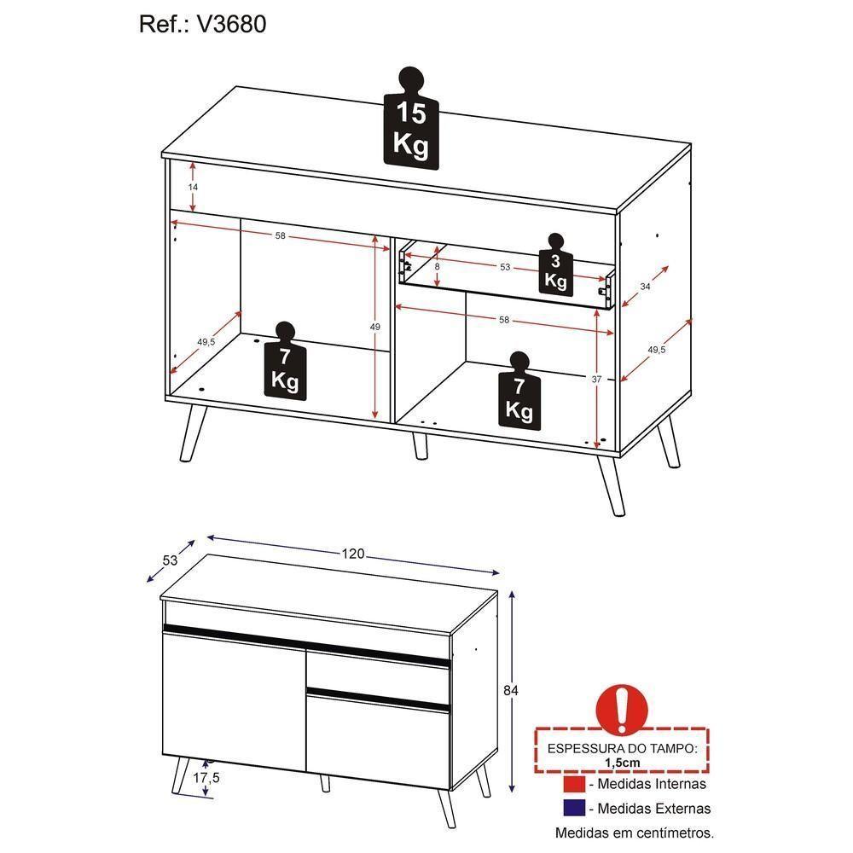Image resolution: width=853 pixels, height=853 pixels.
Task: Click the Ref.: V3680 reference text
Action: tap(203, 25)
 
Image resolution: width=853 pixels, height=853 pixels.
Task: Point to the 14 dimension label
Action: tap(193, 186)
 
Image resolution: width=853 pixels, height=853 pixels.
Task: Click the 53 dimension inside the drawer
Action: tap(505, 267)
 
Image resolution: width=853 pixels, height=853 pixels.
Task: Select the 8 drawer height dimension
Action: tap(437, 267)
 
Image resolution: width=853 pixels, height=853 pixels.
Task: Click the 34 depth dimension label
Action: tap(645, 287)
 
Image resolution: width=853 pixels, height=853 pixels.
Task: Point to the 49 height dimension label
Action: tap(374, 326)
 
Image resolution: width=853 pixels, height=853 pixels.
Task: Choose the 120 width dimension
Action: tap(354, 554)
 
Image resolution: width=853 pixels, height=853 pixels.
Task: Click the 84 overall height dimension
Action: tap(512, 689)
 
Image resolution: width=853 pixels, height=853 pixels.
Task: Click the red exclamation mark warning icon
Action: tap(627, 706)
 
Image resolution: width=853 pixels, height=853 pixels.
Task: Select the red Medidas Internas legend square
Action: tap(574, 784)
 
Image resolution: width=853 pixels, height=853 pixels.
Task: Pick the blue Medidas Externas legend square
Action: tap(574, 808)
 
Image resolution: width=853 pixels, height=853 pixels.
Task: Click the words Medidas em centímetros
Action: tap(635, 833)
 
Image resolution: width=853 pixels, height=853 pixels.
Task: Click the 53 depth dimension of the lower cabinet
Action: tap(169, 560)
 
